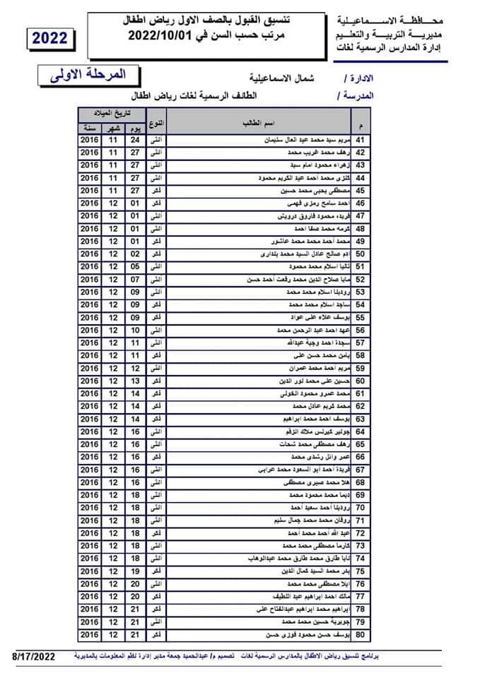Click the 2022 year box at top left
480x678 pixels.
pyautogui.click(x=49, y=39)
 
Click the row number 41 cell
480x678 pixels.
pyautogui.click(x=359, y=140)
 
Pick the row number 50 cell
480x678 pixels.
pyautogui.click(x=359, y=254)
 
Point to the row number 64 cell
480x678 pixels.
pyautogui.click(x=359, y=431)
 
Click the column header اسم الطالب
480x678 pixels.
pyautogui.click(x=254, y=124)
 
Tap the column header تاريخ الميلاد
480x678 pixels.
pyautogui.click(x=110, y=113)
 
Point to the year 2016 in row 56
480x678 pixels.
pyautogui.click(x=89, y=330)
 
